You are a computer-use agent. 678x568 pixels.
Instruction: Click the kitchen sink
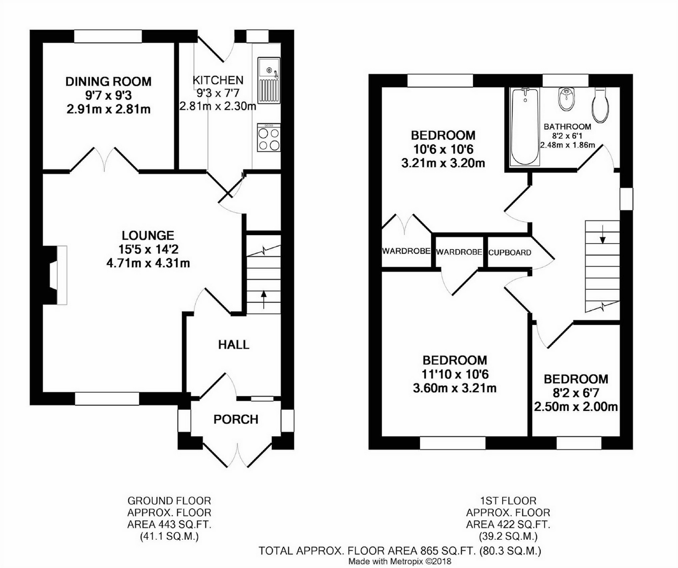(x=269, y=80)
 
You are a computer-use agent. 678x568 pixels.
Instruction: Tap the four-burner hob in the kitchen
(x=269, y=138)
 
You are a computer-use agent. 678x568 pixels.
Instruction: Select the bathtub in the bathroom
(x=525, y=127)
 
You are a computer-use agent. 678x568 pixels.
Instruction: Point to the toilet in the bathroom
(x=600, y=104)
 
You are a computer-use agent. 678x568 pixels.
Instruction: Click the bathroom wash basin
(x=567, y=98)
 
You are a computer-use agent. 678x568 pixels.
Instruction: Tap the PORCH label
(x=236, y=419)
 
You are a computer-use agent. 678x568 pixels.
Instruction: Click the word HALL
(x=234, y=345)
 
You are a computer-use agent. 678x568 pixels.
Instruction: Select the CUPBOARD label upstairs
(x=510, y=253)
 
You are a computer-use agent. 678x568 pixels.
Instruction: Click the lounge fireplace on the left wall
(x=55, y=275)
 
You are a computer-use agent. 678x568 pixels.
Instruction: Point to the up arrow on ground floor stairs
(x=263, y=299)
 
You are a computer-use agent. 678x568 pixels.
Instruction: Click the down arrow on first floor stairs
(x=602, y=234)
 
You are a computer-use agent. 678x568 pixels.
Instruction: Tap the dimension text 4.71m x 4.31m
(x=148, y=263)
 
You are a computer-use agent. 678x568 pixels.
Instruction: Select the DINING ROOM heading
(x=108, y=81)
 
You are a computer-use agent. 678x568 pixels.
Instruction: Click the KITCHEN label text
(x=218, y=80)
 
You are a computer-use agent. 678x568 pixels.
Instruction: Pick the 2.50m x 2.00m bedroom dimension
(x=576, y=407)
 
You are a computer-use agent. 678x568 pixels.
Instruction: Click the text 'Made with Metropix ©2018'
(x=400, y=561)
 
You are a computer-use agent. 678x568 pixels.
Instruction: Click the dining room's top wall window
(x=108, y=36)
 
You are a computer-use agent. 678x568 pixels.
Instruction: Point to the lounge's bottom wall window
(x=107, y=398)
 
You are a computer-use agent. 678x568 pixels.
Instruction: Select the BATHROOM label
(x=568, y=127)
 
